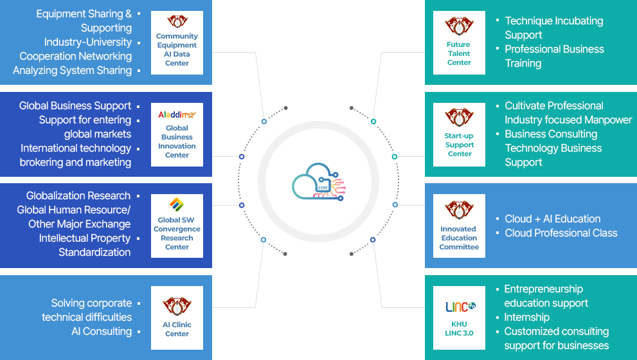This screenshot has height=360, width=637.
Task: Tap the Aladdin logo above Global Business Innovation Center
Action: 177,114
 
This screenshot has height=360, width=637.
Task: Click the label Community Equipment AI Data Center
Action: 177,50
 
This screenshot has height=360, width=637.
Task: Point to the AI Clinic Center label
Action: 177,329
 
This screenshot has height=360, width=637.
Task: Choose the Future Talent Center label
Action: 459,53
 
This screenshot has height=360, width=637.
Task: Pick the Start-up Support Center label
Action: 459,145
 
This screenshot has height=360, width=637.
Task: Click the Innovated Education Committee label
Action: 459,238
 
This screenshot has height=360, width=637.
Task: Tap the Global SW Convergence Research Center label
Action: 177,233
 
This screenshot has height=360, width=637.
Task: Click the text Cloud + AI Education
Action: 552,219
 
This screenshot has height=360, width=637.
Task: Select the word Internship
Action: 526,317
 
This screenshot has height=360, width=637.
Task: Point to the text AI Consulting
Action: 102,331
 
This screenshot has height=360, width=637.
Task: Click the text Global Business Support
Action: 75,105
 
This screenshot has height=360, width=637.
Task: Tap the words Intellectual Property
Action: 85,238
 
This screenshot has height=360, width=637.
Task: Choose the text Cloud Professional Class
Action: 561,233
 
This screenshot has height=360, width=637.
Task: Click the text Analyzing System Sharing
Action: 72,70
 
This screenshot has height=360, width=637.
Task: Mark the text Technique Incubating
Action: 553,21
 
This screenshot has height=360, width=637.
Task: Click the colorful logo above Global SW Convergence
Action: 177,205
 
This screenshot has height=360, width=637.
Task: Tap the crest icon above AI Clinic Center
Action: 177,305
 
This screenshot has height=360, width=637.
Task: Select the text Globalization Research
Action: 78,195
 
